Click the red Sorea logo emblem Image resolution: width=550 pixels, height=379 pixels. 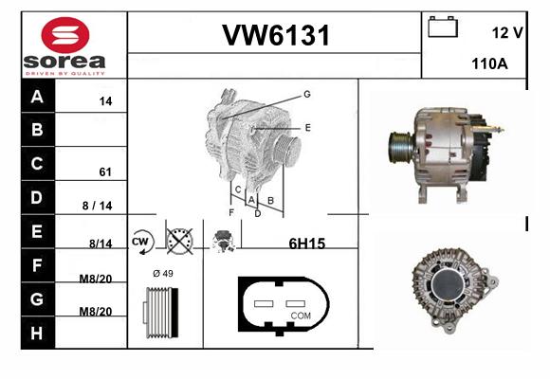[x=65, y=35]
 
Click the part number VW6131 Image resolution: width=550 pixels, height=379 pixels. [x=276, y=35]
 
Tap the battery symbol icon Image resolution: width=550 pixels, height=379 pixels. [x=443, y=27]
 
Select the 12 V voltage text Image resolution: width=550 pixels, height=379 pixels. [x=507, y=33]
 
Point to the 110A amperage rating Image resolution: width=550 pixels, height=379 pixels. [x=489, y=63]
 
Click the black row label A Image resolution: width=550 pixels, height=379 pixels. [x=38, y=96]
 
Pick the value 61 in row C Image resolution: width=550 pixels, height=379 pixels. [x=105, y=171]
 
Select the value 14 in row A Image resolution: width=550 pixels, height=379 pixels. [x=105, y=101]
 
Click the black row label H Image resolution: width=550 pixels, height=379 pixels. [x=38, y=333]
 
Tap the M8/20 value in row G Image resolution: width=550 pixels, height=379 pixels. [x=96, y=312]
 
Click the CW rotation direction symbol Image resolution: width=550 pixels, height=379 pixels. [x=142, y=242]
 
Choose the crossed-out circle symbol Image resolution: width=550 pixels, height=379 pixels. [x=179, y=242]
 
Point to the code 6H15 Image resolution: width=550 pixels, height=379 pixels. [x=307, y=244]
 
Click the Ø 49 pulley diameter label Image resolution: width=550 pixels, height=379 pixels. [x=163, y=273]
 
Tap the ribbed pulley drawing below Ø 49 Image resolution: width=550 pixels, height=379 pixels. [x=161, y=313]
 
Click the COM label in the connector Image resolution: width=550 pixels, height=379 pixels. [x=301, y=316]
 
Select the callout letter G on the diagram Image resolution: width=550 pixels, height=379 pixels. [x=307, y=94]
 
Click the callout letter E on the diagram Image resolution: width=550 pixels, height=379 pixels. [x=307, y=128]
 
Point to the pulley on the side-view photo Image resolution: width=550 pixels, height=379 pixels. [x=400, y=147]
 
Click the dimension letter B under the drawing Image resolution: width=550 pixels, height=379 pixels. [x=270, y=201]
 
